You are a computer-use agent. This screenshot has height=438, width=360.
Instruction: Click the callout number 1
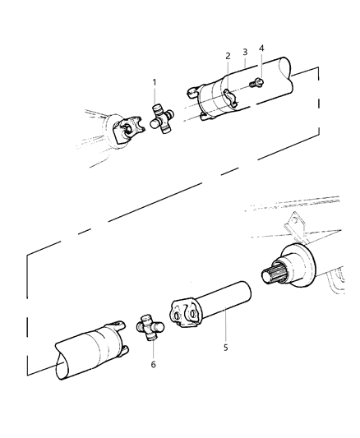(x=154, y=83)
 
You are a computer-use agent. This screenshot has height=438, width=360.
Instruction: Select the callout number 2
(x=228, y=56)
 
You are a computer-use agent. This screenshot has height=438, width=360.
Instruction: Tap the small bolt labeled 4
(x=256, y=81)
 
